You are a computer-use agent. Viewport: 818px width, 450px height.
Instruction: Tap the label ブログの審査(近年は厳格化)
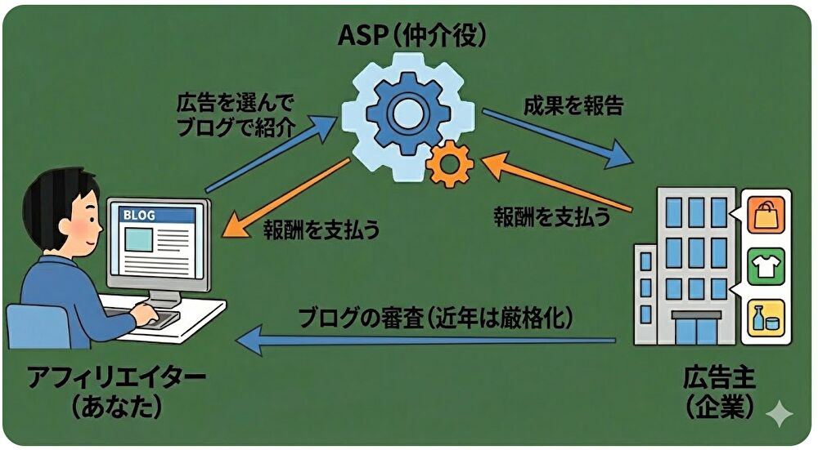[434, 316]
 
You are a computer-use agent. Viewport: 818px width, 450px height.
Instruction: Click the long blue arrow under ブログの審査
[425, 341]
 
